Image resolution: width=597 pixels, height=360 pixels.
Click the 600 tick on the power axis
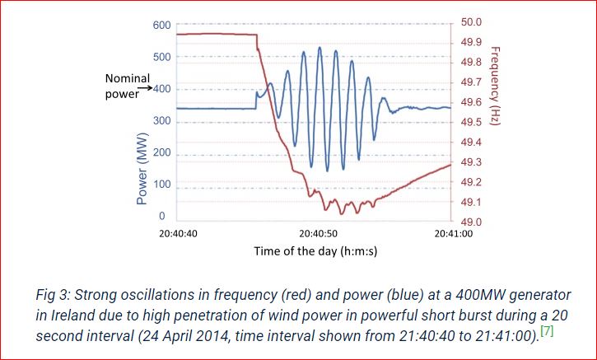(x=161, y=25)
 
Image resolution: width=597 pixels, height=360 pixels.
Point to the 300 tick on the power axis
(x=161, y=121)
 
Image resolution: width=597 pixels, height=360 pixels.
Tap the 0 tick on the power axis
(x=161, y=216)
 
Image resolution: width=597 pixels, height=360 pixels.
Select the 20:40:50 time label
(x=317, y=234)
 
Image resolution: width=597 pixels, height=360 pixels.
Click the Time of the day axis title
(x=315, y=250)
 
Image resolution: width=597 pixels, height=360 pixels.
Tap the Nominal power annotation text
(x=128, y=85)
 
